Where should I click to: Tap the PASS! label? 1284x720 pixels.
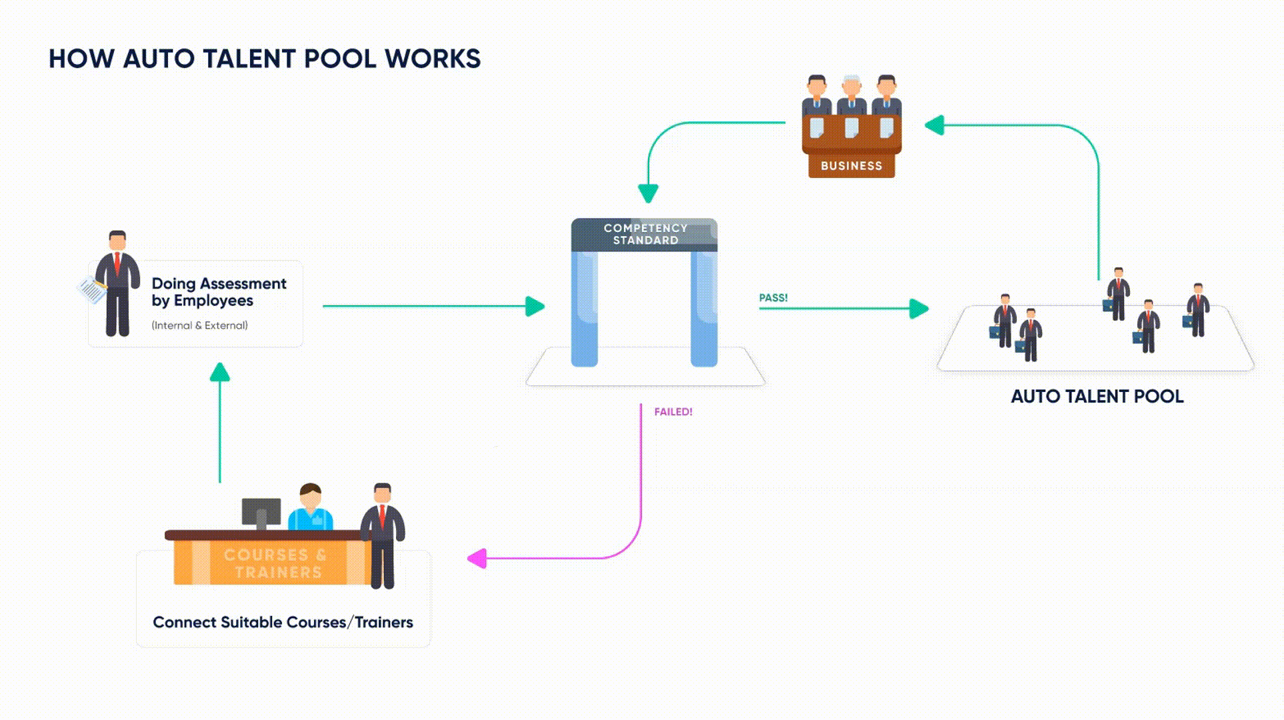[773, 298]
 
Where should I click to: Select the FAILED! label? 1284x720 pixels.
[673, 412]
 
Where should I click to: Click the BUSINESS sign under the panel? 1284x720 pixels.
[851, 166]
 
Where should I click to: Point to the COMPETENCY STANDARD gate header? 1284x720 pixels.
[645, 235]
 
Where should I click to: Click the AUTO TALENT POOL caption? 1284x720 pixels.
[1097, 397]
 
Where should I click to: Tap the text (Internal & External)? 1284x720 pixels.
[199, 325]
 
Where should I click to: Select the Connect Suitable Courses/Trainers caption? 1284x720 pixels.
[283, 623]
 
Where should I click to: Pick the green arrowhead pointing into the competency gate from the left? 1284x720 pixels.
[535, 307]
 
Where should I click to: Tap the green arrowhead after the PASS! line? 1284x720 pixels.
[919, 308]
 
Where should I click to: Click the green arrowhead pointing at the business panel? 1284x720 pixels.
[935, 125]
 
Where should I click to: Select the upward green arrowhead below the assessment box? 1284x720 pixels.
[220, 372]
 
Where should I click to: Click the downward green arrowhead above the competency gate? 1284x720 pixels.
[648, 193]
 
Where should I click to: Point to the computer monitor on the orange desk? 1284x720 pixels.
[261, 512]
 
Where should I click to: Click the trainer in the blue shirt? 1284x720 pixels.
[311, 509]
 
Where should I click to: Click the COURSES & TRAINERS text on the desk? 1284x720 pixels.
[275, 563]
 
